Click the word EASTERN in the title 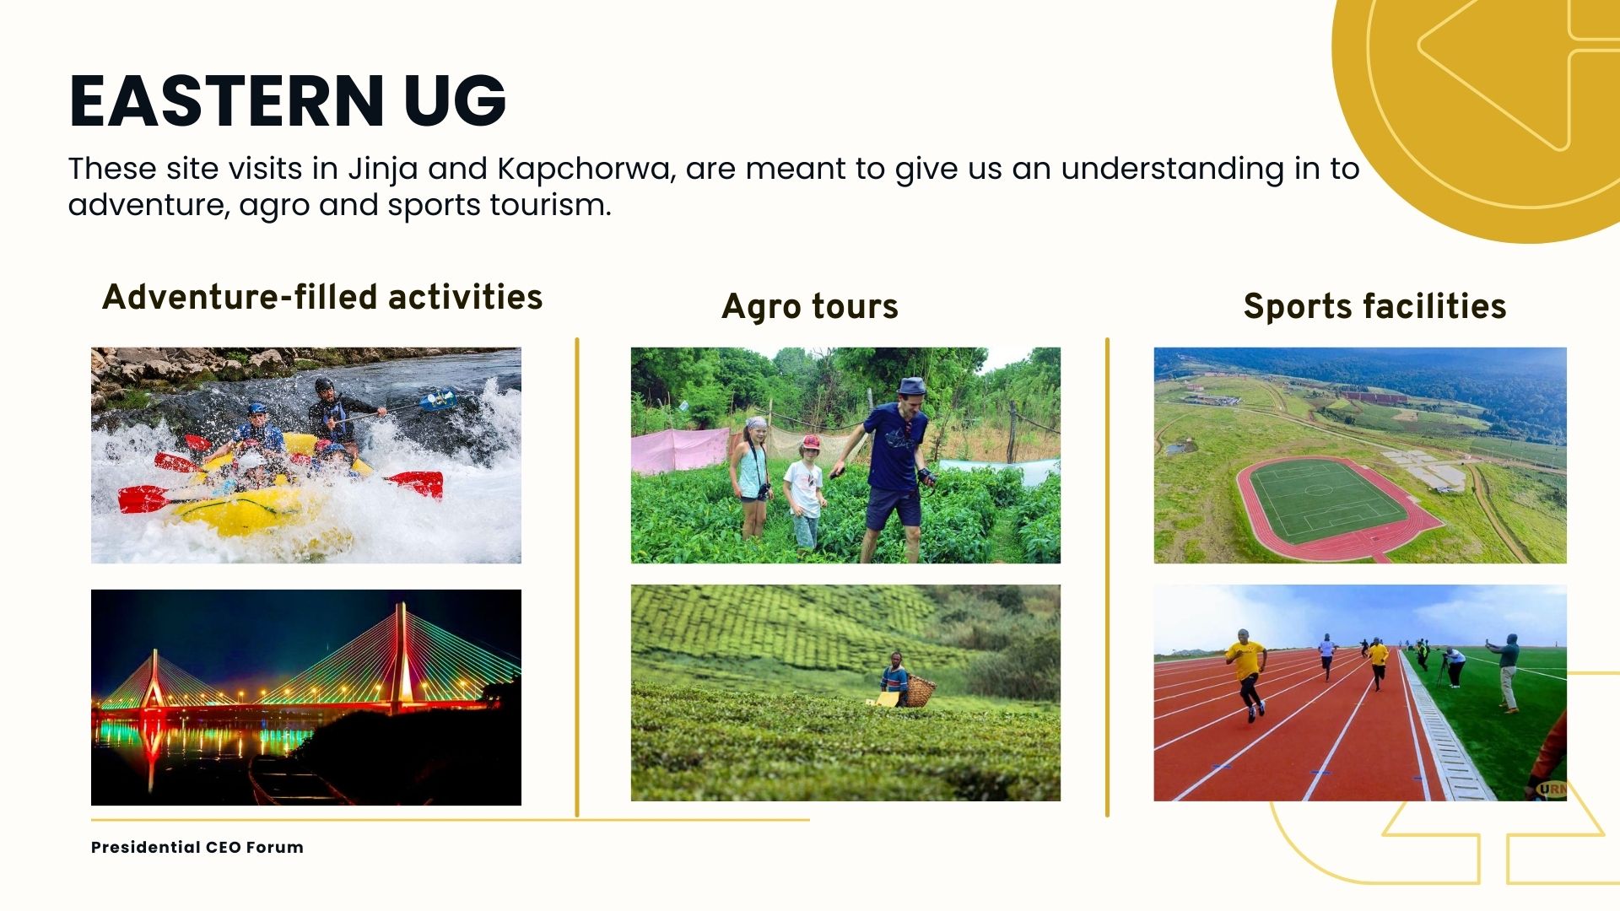227,101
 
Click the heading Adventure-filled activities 322,297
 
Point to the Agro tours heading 810,306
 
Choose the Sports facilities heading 1374,306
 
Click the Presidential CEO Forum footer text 197,847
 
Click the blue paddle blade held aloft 439,399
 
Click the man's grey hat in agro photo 911,387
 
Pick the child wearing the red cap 806,493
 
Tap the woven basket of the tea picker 921,692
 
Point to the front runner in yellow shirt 1247,674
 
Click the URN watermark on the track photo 1552,790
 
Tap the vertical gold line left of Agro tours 577,577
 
